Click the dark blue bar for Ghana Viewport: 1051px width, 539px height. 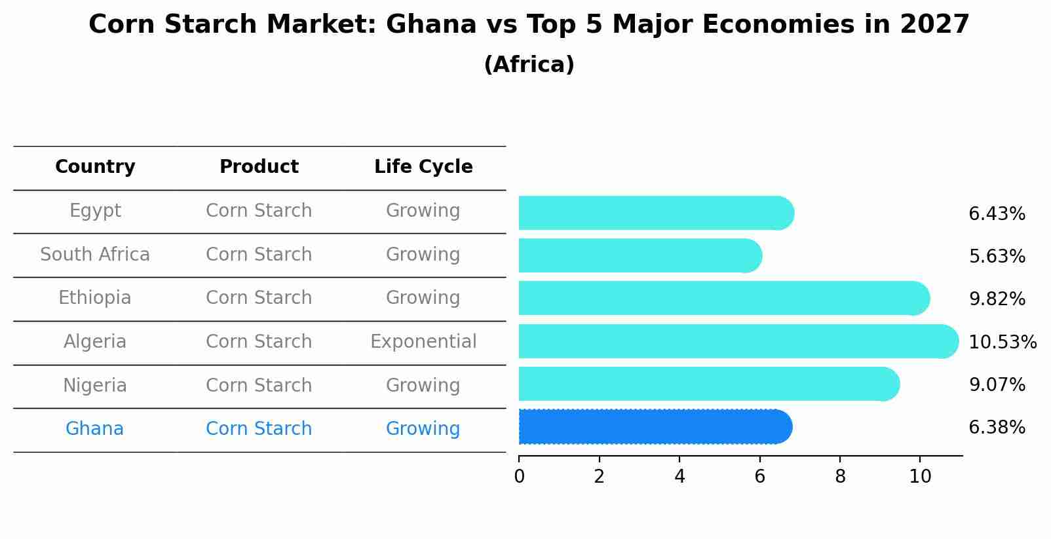655,427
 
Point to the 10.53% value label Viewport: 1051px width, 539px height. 1002,343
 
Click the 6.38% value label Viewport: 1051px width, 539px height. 997,428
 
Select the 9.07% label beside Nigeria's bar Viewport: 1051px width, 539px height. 997,385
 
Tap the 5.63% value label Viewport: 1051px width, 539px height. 997,257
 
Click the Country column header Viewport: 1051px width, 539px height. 95,167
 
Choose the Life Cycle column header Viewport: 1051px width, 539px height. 423,167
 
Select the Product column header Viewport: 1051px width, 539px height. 259,167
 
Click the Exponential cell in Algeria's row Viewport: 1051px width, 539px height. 423,342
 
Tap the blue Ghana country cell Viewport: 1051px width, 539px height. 94,429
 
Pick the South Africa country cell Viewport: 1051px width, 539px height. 95,255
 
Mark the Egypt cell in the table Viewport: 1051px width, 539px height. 95,211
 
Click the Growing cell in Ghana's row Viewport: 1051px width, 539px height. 423,429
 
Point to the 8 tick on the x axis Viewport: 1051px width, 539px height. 840,477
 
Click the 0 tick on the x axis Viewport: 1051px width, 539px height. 520,477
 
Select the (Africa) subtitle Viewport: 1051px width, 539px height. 529,65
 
